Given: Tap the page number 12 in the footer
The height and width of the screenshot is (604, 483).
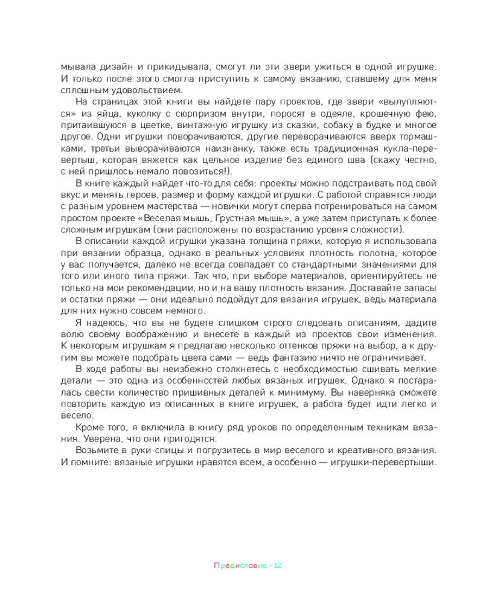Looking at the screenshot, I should (278, 566).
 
